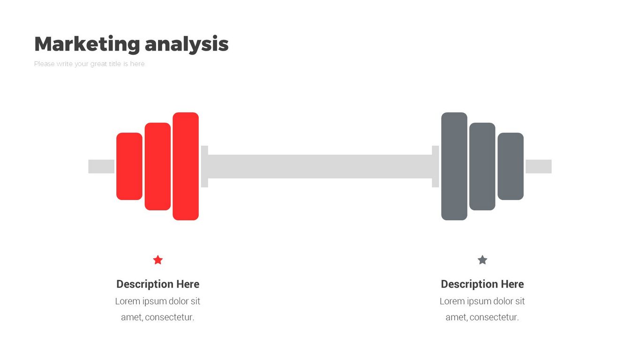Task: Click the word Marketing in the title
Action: [87, 44]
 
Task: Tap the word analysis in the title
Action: [187, 44]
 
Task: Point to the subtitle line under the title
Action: [90, 64]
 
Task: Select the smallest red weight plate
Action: [129, 166]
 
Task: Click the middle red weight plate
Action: [158, 166]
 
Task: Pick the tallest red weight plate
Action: [185, 166]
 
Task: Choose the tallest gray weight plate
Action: [454, 166]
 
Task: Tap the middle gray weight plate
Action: [482, 166]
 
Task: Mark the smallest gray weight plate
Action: [510, 166]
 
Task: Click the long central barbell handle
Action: [320, 166]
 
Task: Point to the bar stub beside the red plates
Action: [101, 166]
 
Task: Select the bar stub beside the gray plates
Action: [538, 166]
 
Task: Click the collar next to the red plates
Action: [204, 166]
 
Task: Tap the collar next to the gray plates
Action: [435, 166]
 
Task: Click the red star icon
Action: [158, 260]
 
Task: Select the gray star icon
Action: [482, 260]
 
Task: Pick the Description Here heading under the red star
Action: [158, 284]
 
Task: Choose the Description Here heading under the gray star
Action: [482, 284]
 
